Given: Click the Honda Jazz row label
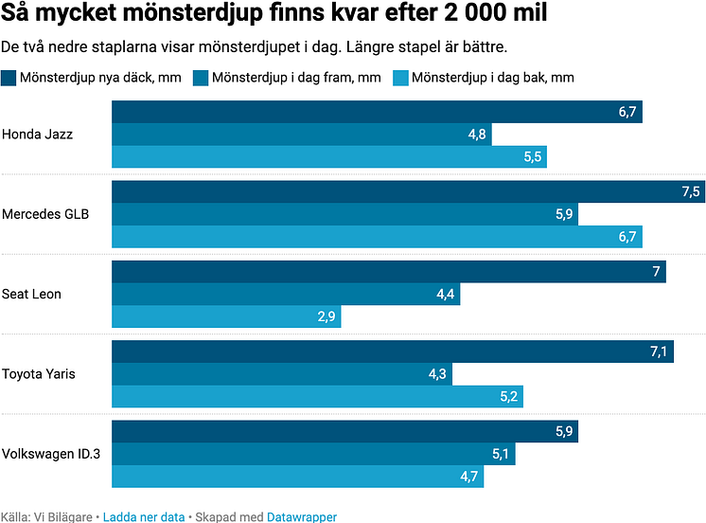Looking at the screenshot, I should (x=38, y=135).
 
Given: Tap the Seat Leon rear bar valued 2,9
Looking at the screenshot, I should (x=226, y=316).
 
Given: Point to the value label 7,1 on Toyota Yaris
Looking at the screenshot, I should (x=659, y=352).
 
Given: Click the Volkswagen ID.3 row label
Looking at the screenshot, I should (x=52, y=453).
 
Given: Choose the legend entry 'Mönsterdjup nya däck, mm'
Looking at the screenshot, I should (x=99, y=78).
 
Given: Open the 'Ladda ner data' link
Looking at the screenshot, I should (x=143, y=516).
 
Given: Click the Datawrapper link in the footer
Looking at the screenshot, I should (x=302, y=516).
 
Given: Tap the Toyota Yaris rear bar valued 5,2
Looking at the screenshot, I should (x=317, y=396).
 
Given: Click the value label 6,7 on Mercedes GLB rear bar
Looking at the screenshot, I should (x=627, y=237).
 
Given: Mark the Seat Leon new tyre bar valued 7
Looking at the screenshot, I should (x=388, y=272).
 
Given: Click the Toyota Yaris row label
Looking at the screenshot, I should (x=39, y=373).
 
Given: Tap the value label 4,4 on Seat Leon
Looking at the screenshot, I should (x=446, y=295).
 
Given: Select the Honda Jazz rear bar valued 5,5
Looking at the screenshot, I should (x=328, y=156).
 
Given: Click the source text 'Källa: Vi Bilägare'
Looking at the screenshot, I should (x=45, y=516).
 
